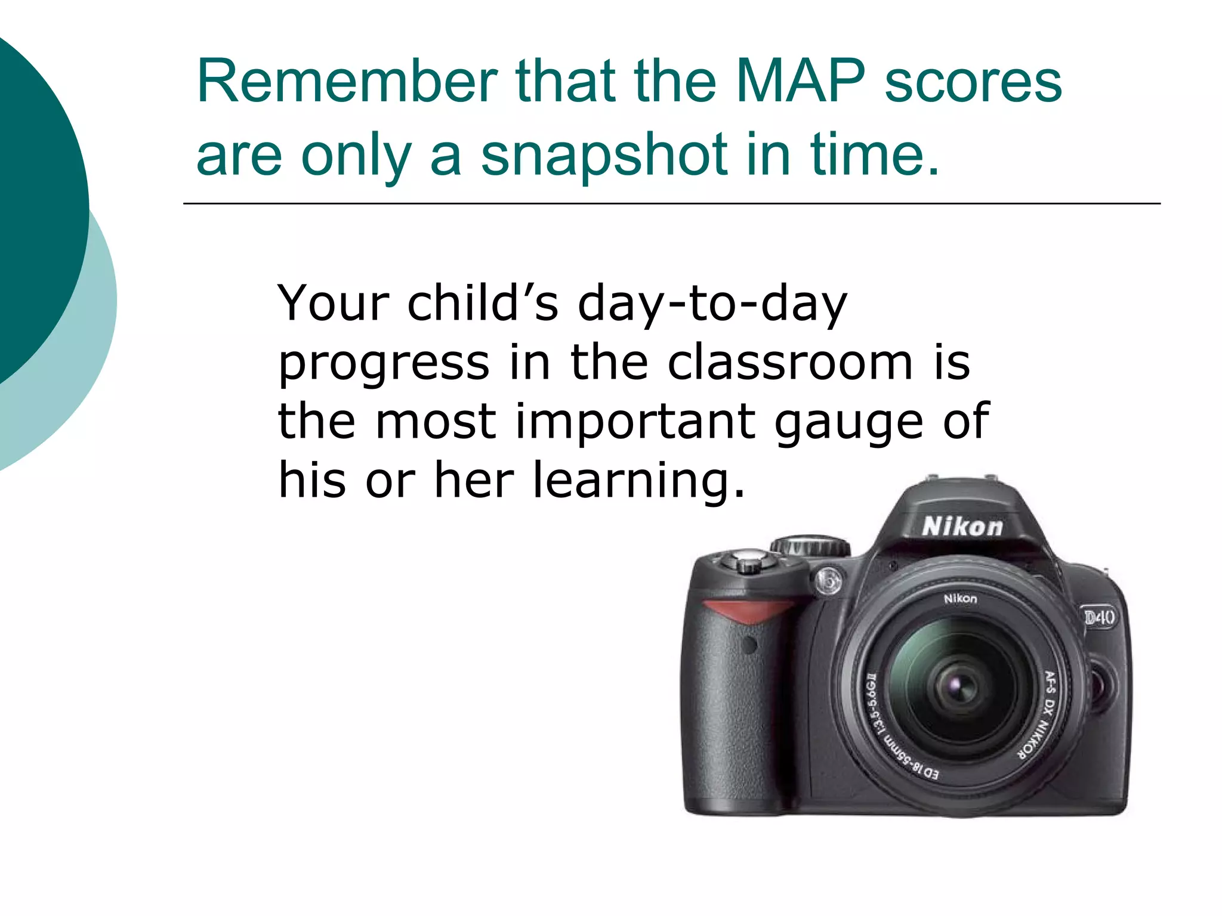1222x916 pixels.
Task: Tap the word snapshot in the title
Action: tap(604, 156)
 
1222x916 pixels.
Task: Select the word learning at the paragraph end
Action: tap(638, 481)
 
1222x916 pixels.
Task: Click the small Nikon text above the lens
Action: tap(961, 598)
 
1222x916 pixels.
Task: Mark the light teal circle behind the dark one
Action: tap(90, 358)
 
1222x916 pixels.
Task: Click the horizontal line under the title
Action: tap(671, 204)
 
